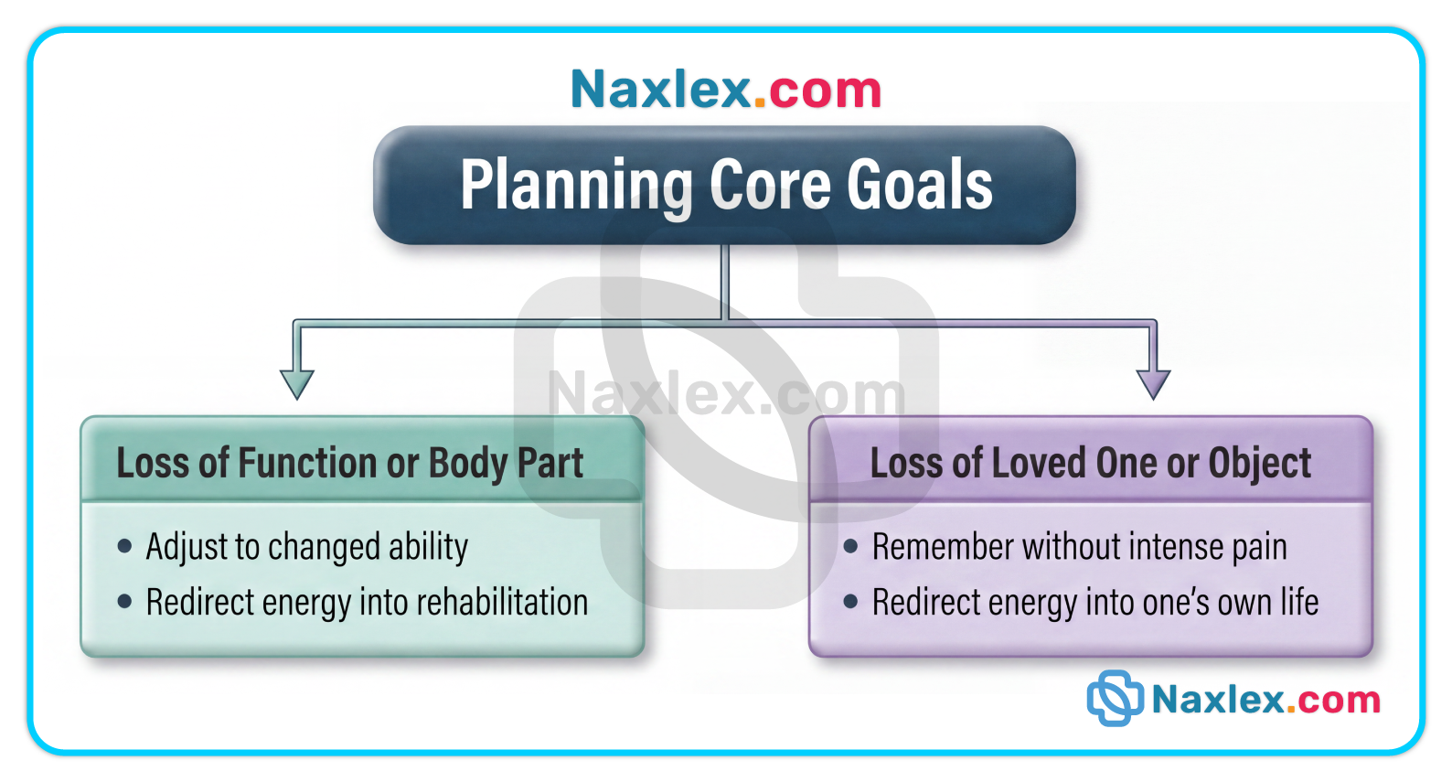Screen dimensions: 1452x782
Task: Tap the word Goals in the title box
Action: click(920, 186)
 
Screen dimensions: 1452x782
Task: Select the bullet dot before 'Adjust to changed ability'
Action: click(125, 546)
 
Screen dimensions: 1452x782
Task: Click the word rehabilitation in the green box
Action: click(502, 602)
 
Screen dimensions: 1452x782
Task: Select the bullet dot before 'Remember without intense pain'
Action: click(851, 546)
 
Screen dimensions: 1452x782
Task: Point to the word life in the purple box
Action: click(1300, 602)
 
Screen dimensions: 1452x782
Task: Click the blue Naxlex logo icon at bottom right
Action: click(1115, 699)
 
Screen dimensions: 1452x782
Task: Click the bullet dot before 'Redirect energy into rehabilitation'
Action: click(125, 602)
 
